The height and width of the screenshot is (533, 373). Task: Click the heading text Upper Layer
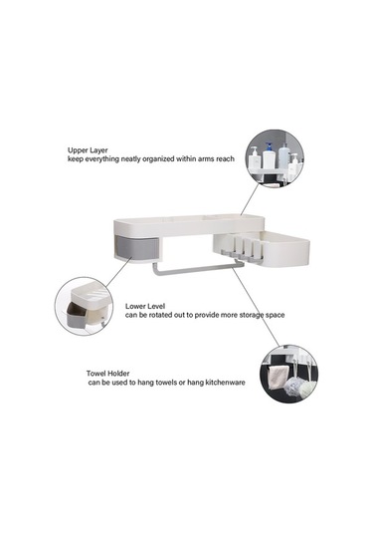coord(86,148)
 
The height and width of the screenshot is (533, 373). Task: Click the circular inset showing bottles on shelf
coord(278,157)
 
